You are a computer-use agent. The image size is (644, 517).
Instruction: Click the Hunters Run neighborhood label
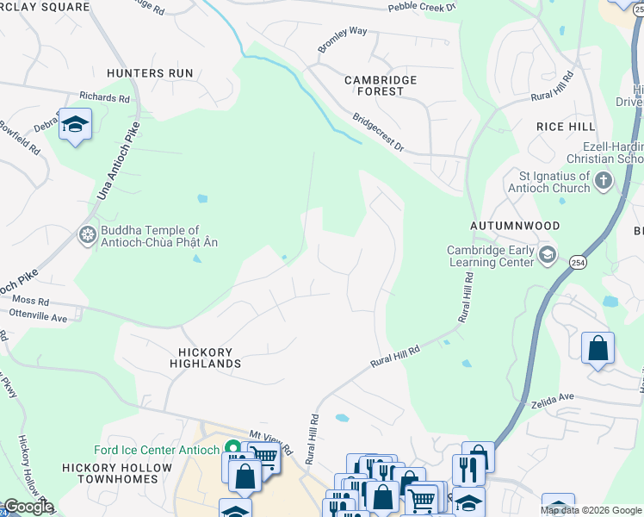click(x=150, y=73)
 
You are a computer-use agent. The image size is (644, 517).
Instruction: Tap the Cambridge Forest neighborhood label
click(x=381, y=85)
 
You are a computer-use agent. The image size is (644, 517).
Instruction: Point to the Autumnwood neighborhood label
click(x=515, y=225)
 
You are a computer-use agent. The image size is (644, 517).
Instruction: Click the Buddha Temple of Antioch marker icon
click(x=87, y=234)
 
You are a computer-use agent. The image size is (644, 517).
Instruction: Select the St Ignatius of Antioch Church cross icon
click(x=604, y=181)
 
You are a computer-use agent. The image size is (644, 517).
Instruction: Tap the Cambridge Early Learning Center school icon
click(x=548, y=255)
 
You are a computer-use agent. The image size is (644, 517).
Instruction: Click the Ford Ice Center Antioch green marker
click(x=232, y=447)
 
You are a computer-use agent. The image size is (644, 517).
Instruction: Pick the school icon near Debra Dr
click(x=75, y=125)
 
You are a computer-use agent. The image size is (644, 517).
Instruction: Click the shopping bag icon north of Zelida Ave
click(x=598, y=349)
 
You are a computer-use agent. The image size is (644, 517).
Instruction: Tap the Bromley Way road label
click(x=343, y=40)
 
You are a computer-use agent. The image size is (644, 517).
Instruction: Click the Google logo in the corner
click(x=28, y=507)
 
